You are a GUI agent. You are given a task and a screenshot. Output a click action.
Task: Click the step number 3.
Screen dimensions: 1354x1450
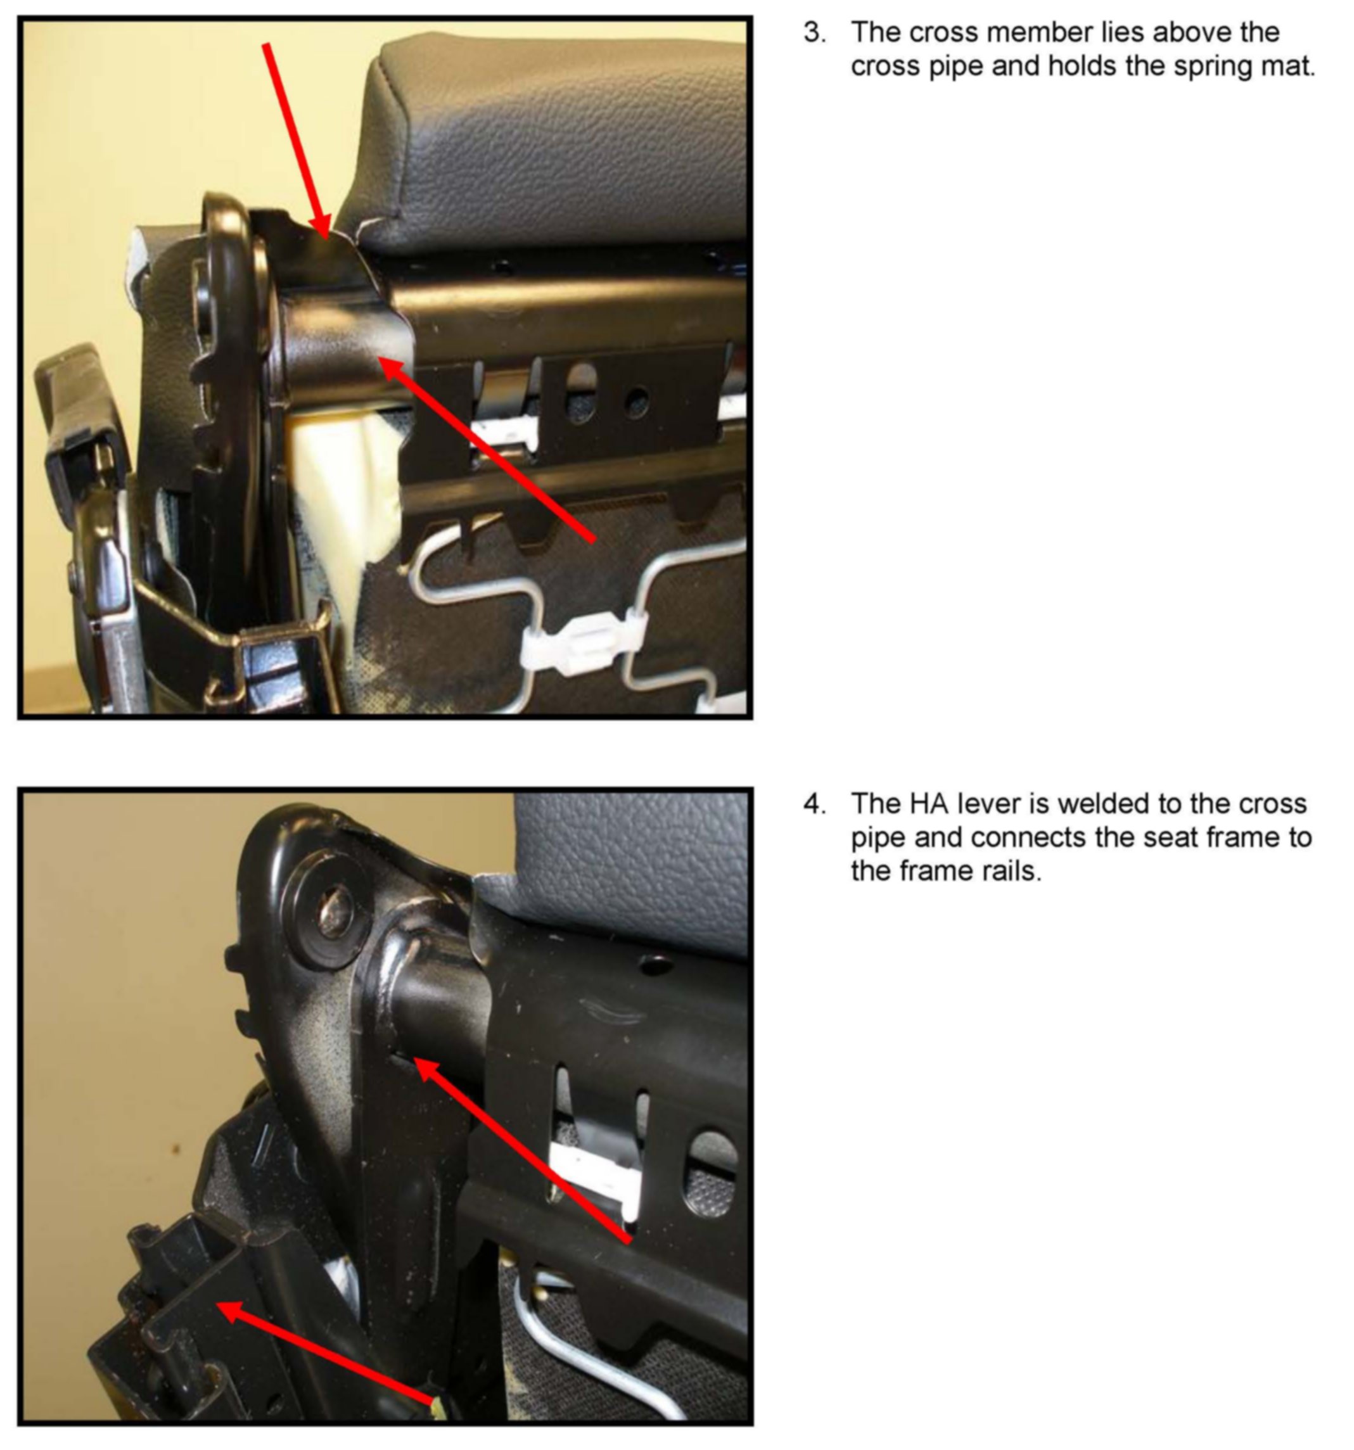point(815,33)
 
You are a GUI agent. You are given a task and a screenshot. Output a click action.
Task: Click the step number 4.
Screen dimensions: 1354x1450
point(815,804)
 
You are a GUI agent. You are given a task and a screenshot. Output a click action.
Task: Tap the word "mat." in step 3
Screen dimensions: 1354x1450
point(1287,67)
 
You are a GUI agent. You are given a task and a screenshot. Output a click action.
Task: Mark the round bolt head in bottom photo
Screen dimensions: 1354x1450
point(326,914)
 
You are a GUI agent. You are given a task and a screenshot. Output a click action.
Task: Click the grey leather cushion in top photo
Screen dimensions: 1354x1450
point(554,139)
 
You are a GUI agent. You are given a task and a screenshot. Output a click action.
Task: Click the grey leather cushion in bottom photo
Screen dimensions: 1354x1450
point(627,868)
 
